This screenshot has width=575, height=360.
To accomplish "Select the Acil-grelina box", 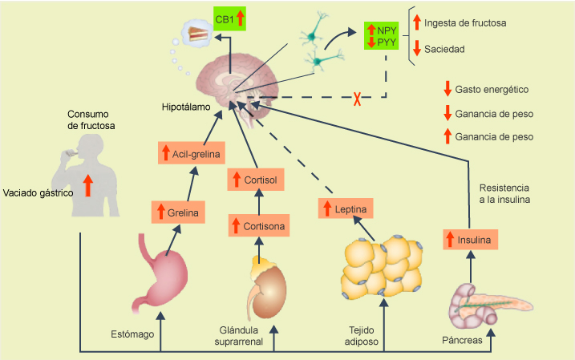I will [188, 152].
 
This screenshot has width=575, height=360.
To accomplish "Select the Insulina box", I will [470, 239].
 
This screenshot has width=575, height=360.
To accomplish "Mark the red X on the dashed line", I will [357, 99].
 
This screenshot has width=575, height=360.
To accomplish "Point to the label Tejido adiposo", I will [358, 336].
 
